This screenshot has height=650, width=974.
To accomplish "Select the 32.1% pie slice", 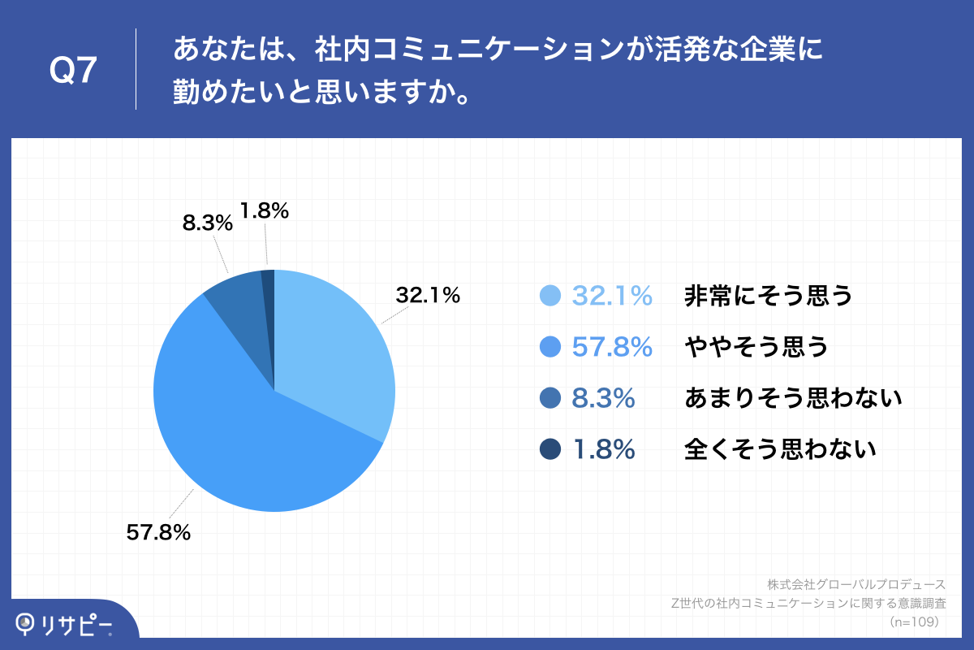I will click(x=333, y=349).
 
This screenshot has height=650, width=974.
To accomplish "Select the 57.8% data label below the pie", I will click(x=158, y=533).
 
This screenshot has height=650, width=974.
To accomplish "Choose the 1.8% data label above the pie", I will click(x=265, y=211).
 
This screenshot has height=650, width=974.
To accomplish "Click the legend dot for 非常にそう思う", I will click(x=550, y=297).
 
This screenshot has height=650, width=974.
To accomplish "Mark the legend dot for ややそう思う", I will click(x=550, y=347).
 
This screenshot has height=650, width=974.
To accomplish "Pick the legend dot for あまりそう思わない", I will click(x=550, y=398).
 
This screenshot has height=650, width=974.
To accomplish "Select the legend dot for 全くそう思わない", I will click(x=550, y=448).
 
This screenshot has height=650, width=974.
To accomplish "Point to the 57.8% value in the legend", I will click(x=612, y=347).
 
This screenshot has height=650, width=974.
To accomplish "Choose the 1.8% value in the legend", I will click(x=603, y=448).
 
